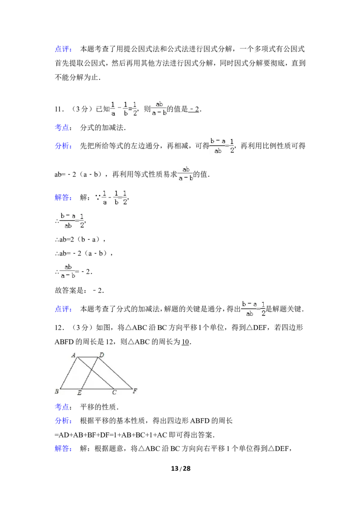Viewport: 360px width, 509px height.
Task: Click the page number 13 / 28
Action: click(180, 469)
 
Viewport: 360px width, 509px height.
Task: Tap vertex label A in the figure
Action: click(74, 355)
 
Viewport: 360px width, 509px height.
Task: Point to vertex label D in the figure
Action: click(101, 355)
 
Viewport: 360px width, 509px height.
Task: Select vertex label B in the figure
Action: click(57, 391)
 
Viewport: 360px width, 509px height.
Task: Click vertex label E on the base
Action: click(80, 393)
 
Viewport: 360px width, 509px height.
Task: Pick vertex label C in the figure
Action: click(114, 393)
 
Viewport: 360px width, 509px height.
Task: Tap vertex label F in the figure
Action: click(135, 391)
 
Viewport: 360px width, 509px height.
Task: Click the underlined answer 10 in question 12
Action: click(185, 342)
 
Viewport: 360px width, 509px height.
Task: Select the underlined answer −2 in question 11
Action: click(194, 109)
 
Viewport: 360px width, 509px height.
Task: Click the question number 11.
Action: click(59, 109)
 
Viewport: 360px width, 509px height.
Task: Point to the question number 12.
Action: click(59, 328)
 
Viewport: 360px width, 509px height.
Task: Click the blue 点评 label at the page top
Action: click(63, 49)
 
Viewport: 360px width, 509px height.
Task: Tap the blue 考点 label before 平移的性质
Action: click(63, 407)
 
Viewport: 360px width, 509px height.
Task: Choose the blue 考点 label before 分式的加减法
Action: click(63, 128)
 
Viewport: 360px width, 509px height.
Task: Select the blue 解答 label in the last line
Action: click(63, 449)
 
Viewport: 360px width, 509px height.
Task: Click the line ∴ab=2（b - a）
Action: click(80, 240)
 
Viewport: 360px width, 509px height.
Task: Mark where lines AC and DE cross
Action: click(91, 370)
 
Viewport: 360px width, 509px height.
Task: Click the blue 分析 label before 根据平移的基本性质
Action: click(63, 421)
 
